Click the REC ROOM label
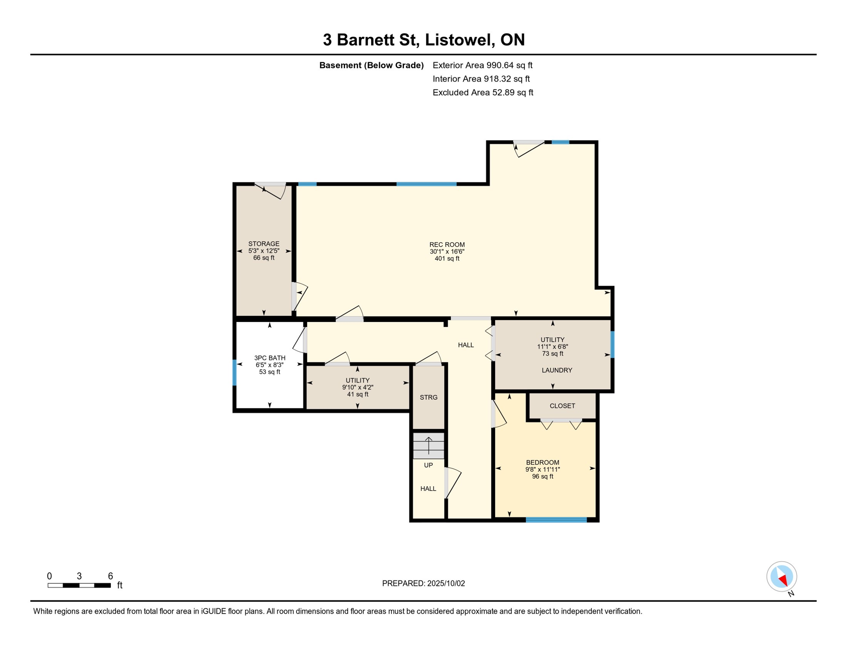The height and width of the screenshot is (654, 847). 447,244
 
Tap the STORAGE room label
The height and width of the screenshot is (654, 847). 264,244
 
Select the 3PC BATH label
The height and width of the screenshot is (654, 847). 270,358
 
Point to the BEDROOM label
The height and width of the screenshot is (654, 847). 542,462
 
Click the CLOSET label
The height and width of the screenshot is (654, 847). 562,406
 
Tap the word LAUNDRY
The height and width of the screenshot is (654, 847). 557,370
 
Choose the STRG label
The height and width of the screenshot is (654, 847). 429,397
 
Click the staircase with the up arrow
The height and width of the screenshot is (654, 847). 429,446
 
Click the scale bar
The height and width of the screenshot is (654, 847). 79,585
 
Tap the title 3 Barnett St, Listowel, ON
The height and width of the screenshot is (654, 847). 423,40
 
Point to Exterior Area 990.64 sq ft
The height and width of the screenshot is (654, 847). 482,65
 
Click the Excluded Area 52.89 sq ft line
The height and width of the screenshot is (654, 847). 483,92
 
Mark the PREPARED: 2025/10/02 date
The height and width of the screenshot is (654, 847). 423,583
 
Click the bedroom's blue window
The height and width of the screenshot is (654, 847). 556,519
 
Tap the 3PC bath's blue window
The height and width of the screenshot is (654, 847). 234,373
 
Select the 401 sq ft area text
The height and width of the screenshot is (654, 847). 447,258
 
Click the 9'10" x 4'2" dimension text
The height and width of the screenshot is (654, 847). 357,387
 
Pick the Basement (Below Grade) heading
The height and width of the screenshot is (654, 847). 372,65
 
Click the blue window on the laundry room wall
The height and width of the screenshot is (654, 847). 613,344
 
